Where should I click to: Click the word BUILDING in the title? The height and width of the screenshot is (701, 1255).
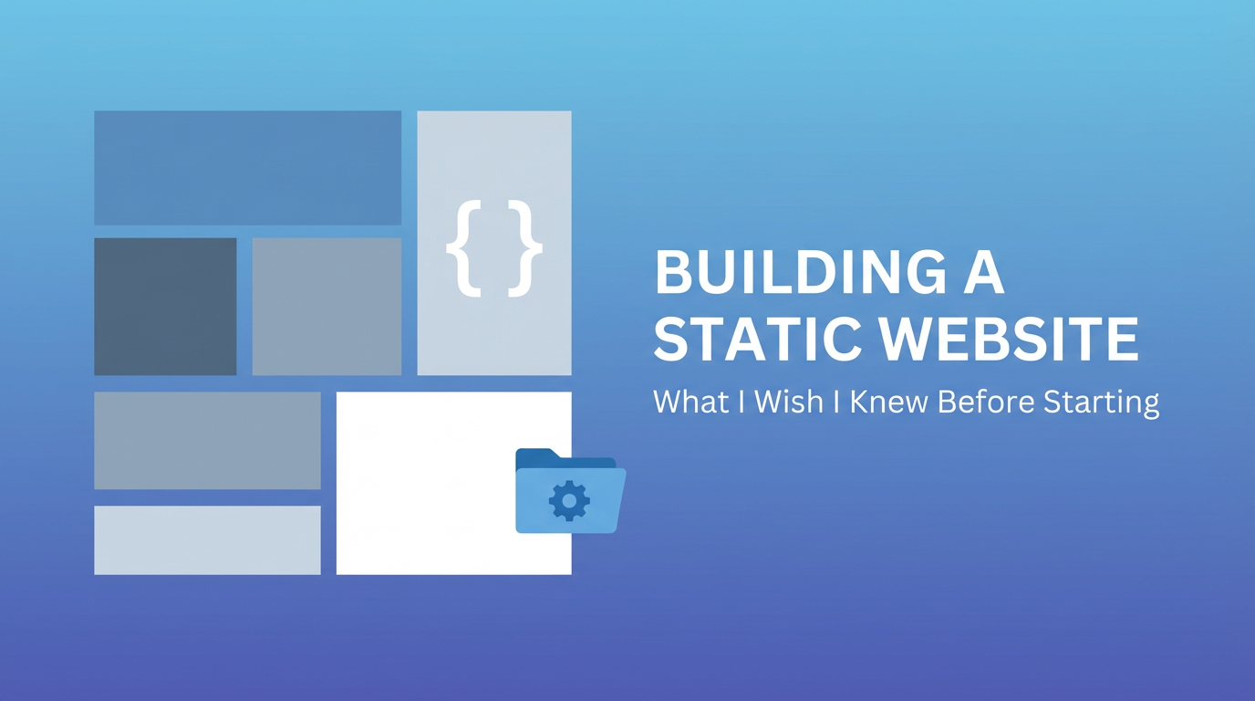[793, 273]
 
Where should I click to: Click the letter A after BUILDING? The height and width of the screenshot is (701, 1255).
[981, 273]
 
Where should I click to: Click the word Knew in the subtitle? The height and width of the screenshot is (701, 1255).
[888, 402]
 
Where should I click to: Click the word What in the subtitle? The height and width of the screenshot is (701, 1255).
[690, 402]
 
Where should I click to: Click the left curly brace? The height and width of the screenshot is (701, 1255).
[464, 248]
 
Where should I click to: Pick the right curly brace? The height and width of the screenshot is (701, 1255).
[525, 248]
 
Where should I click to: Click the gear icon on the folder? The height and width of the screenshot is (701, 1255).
[569, 500]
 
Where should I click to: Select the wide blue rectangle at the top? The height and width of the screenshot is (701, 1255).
[248, 168]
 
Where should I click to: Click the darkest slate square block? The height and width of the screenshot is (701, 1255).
[165, 306]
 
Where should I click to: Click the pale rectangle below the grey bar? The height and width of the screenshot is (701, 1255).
[207, 540]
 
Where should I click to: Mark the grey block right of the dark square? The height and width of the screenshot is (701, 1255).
[327, 306]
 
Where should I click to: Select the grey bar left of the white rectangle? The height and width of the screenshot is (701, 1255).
[207, 440]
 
